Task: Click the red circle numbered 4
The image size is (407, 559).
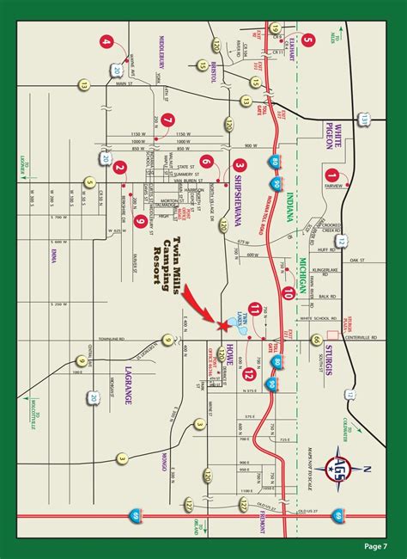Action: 106,41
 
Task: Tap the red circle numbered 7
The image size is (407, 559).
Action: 168,120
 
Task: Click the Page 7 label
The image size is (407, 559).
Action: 374,545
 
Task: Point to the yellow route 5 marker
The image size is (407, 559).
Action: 89,181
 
